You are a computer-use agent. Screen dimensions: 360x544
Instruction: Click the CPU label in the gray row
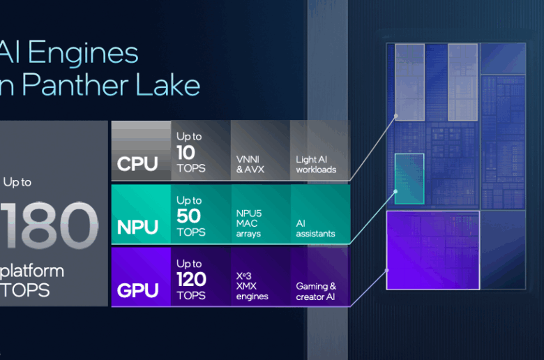[x=137, y=165]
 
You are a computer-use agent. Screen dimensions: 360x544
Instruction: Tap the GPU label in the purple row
[x=138, y=290]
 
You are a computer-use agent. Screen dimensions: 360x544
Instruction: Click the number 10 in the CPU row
[x=186, y=152]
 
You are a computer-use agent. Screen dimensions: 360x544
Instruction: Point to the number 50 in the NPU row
[x=189, y=216]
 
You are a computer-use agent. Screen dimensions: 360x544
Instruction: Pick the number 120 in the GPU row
[x=192, y=279]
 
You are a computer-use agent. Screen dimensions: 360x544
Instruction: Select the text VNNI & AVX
[x=252, y=165]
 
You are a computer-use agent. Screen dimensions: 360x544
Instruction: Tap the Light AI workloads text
[x=316, y=165]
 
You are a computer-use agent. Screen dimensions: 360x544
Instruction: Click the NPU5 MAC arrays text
[x=250, y=222]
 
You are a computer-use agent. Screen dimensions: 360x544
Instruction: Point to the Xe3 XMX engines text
[x=251, y=285]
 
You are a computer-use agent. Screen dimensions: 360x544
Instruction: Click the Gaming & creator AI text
[x=316, y=291]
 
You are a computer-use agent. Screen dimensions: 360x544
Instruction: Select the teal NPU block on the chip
[x=409, y=179]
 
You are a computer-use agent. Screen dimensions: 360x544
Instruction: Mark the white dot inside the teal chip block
[x=395, y=190]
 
